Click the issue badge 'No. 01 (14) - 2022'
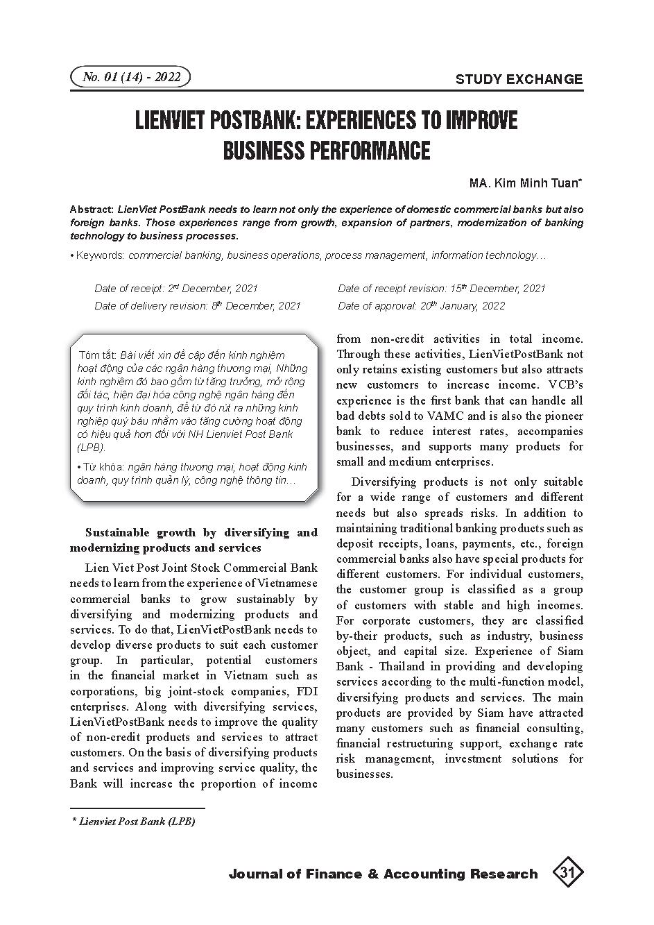(x=130, y=77)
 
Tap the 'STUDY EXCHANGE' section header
(x=519, y=79)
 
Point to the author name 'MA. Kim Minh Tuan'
(x=525, y=183)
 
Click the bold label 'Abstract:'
(x=92, y=210)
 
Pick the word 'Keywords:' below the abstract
(x=101, y=255)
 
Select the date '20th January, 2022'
(x=472, y=306)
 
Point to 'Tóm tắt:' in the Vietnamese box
(x=98, y=355)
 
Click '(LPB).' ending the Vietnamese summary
(x=92, y=448)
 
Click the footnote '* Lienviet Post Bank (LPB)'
(x=134, y=822)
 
